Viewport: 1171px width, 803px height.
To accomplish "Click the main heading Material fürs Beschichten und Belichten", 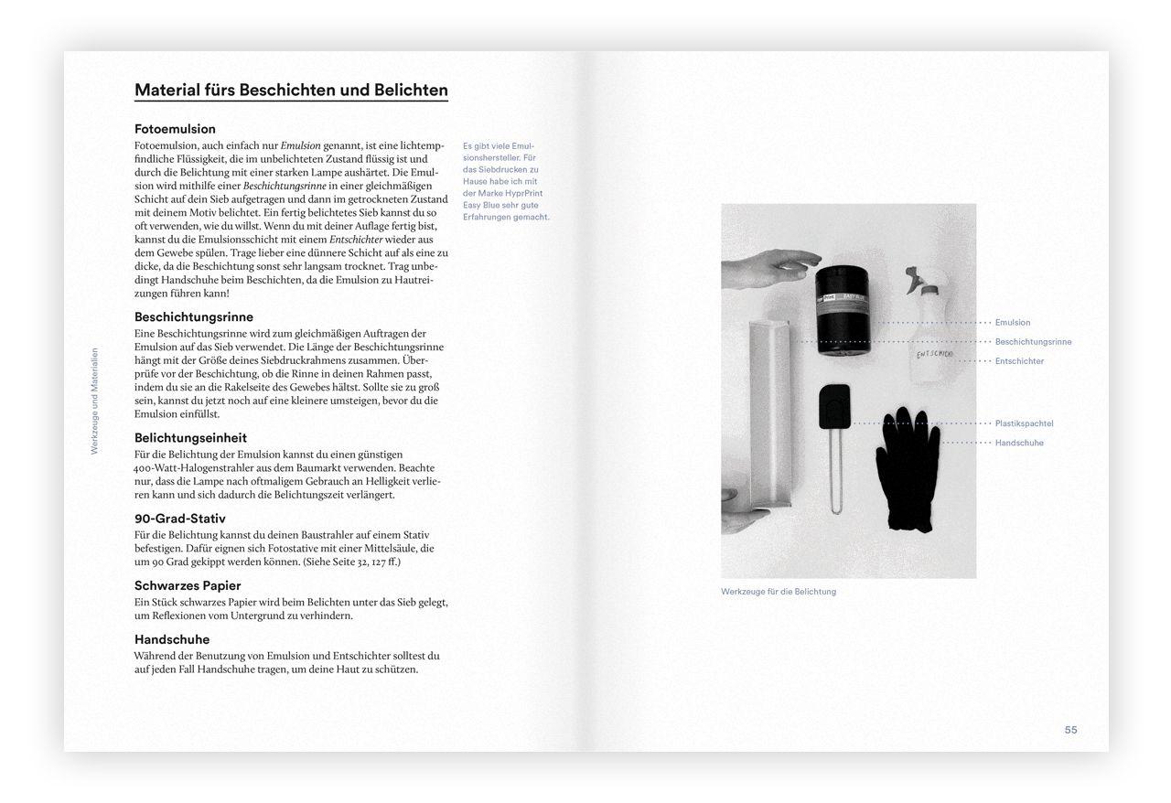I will tap(291, 91).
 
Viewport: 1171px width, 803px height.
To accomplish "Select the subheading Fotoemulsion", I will tap(175, 129).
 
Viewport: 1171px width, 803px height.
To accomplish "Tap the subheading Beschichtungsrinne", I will tap(193, 317).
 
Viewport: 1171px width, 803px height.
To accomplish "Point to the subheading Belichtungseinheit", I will tap(190, 438).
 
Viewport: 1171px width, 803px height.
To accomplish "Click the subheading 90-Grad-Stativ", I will tap(179, 519).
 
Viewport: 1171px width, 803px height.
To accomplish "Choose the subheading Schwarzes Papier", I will tap(188, 585).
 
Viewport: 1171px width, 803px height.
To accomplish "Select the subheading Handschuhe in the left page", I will tap(172, 639).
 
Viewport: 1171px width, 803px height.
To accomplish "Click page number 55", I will tap(1070, 730).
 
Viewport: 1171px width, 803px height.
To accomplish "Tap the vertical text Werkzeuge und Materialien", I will tap(94, 401).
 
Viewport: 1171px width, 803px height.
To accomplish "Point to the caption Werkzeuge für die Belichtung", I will tap(779, 592).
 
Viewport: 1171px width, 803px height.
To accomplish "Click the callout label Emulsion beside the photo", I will tap(1013, 323).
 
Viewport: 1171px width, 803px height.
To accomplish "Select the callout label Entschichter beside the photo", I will tap(1019, 361).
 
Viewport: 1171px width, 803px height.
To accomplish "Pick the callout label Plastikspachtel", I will tap(1024, 423).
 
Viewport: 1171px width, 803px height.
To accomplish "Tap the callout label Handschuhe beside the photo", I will tap(1019, 443).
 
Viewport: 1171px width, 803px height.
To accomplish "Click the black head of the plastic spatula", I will tap(834, 405).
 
